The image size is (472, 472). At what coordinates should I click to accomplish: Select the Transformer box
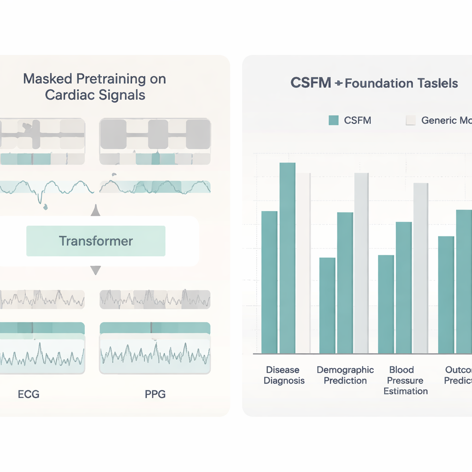96,241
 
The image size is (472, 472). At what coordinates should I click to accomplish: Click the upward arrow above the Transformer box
95,212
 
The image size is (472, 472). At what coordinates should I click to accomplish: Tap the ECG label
29,395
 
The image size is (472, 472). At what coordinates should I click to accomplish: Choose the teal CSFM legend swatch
334,120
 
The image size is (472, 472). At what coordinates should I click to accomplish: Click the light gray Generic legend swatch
411,120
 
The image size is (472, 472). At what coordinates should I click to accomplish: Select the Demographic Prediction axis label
345,375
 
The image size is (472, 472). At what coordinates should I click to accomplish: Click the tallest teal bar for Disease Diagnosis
287,258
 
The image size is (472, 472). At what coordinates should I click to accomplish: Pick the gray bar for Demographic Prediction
361,263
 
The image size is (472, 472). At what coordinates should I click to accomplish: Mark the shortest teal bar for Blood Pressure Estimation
386,304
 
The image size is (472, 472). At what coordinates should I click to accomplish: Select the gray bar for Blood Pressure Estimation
420,268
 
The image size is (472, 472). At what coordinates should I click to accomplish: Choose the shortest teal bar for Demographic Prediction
327,305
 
